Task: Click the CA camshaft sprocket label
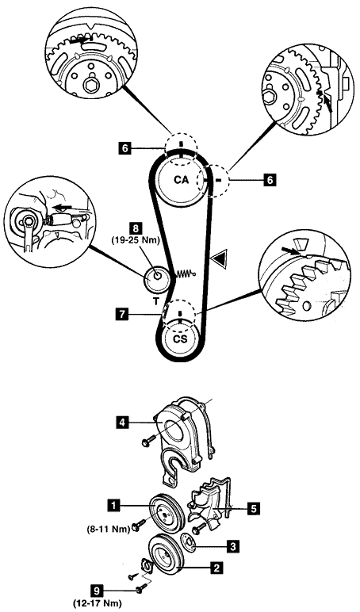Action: (181, 180)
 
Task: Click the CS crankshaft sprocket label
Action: (180, 339)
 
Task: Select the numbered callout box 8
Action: (136, 228)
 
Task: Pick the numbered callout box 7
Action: (123, 314)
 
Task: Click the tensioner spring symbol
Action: (186, 274)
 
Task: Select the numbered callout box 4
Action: (122, 423)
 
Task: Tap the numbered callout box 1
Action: (113, 506)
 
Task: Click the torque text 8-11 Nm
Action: (109, 530)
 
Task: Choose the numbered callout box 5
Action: (255, 509)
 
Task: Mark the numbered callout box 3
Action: (233, 547)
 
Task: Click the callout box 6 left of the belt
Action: (124, 148)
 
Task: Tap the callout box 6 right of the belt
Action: (270, 180)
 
